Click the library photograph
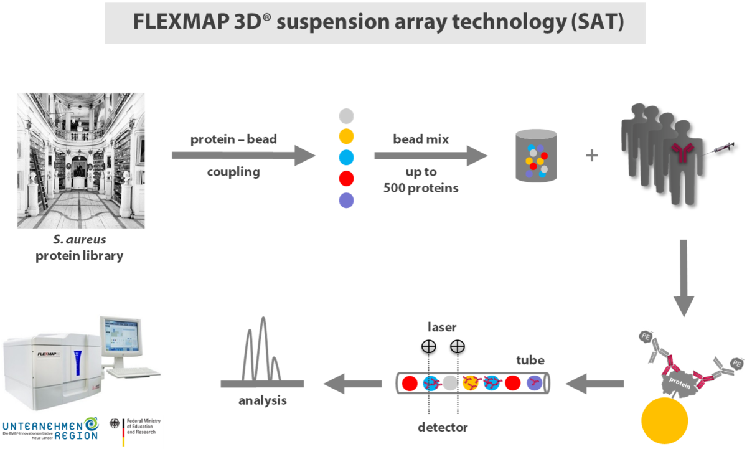[81, 161]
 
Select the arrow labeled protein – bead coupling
[243, 154]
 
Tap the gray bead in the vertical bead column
[347, 116]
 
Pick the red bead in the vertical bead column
[347, 179]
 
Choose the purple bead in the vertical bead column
[347, 201]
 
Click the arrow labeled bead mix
[430, 154]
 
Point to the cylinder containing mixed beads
[535, 156]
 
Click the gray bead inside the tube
[450, 383]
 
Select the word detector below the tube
[443, 428]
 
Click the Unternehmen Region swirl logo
[92, 425]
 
